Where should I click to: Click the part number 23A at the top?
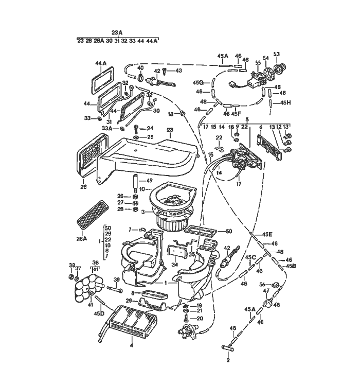coord(117,32)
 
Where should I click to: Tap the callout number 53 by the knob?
coord(276,54)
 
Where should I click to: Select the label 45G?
coord(198,82)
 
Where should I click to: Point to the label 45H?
coord(285,103)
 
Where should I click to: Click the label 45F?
coord(236,113)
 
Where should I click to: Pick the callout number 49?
coord(149,181)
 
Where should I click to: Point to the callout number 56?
coord(262,284)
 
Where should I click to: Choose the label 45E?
coord(266,234)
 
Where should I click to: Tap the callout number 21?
coord(200,311)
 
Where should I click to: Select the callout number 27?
coord(120,203)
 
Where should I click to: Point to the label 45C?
coord(250,257)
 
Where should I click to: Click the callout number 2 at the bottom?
coord(227,360)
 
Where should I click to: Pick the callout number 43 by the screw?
coord(178,70)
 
